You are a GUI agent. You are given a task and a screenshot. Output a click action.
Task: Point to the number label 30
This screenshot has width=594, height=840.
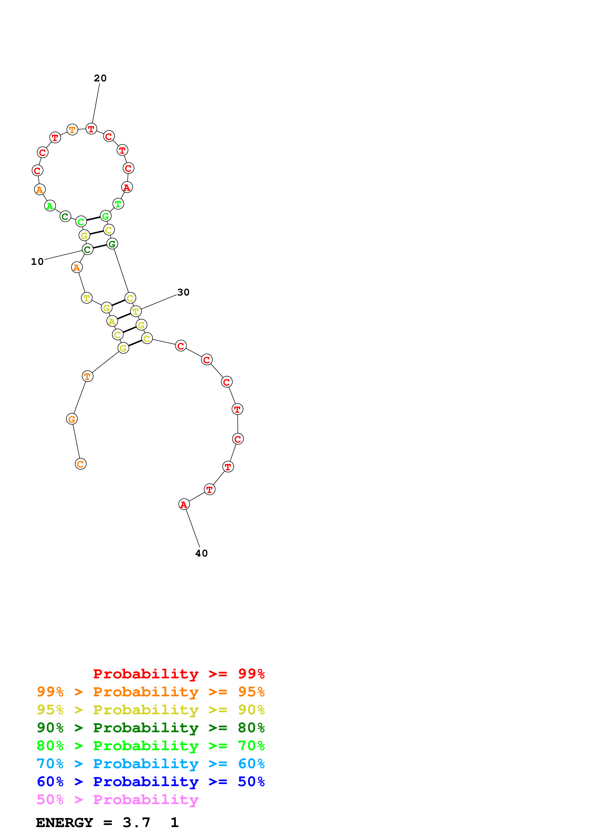183,292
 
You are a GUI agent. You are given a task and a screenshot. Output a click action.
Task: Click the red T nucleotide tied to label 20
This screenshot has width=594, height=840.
91,129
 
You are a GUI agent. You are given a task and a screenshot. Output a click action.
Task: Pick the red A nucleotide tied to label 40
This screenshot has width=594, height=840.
184,505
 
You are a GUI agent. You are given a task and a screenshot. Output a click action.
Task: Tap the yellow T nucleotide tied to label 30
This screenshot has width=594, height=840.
136,312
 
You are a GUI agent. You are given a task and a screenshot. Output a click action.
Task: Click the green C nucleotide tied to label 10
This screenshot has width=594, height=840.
87,250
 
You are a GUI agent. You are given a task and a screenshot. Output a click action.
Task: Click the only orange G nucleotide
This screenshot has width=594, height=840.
72,419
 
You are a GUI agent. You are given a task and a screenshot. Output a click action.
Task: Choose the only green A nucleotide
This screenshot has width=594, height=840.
50,206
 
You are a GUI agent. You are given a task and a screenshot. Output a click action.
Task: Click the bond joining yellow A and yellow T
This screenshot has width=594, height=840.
124,317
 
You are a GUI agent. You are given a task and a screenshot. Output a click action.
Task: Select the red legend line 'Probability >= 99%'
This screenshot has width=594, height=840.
179,674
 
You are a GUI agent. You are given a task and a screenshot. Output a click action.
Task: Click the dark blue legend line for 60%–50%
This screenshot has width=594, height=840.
150,782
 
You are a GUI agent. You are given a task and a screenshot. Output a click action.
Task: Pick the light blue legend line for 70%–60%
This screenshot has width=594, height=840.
150,764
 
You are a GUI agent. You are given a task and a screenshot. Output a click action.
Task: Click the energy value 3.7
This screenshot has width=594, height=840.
137,823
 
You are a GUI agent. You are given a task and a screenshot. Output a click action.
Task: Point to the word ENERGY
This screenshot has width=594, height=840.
64,823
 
